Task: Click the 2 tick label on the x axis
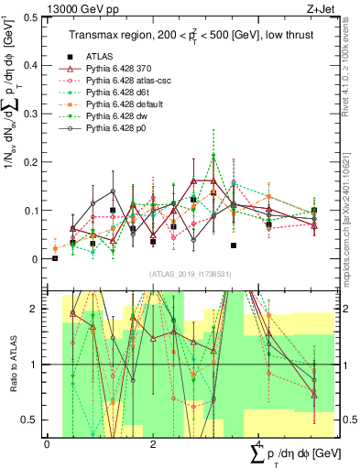coord(153,444)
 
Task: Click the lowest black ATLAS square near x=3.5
coord(234,245)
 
